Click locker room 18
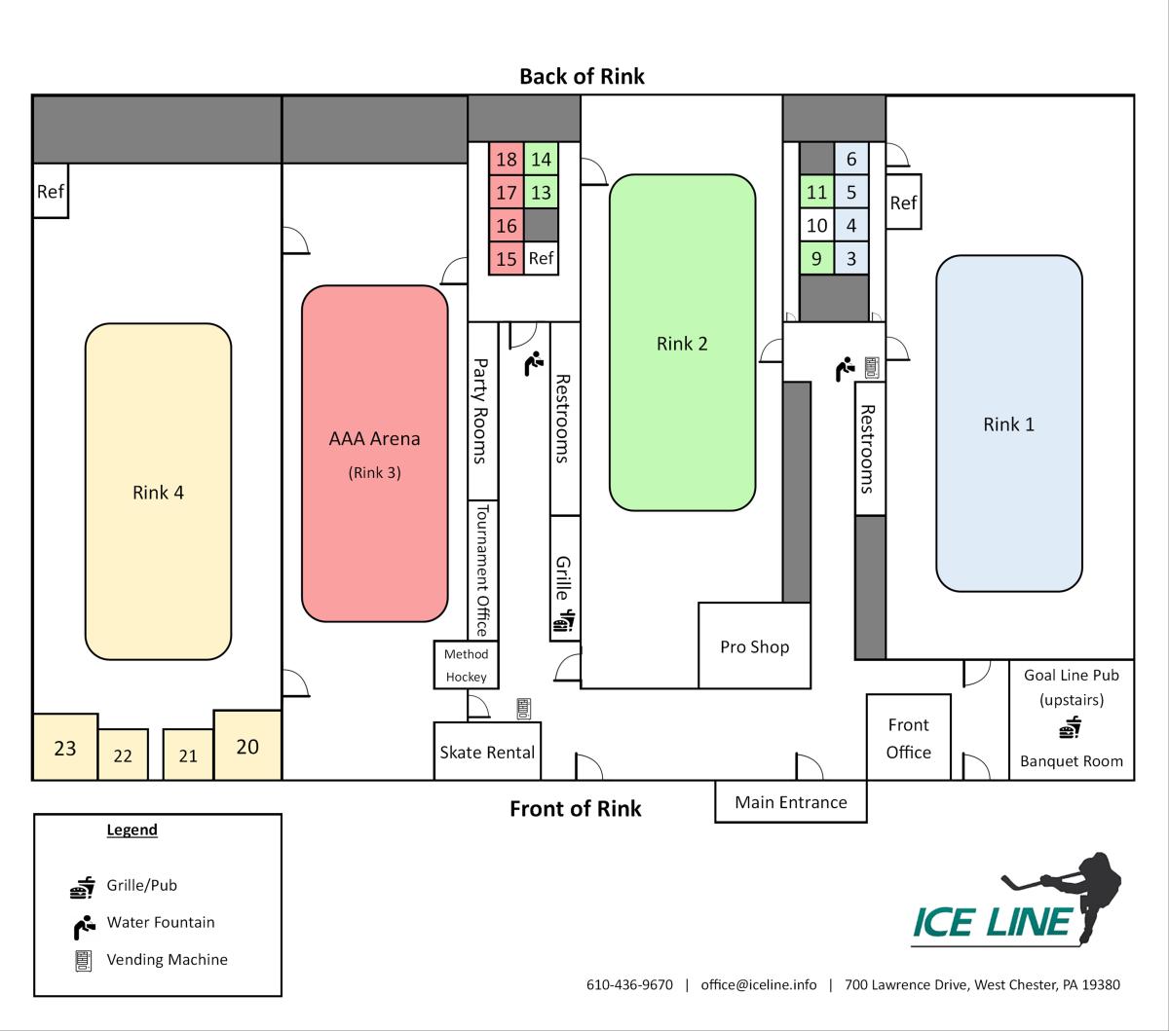(x=507, y=160)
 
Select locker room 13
(x=541, y=193)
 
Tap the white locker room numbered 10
(x=817, y=226)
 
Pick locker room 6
(x=851, y=160)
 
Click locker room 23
(x=65, y=748)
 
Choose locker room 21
(x=188, y=755)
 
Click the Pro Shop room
(x=754, y=646)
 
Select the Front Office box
(x=908, y=738)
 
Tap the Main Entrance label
(x=790, y=802)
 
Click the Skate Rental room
(x=487, y=752)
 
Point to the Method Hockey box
(x=466, y=666)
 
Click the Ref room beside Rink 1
(x=903, y=203)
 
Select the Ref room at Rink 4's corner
(x=51, y=191)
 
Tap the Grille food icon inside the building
(x=565, y=621)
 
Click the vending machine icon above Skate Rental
(x=523, y=708)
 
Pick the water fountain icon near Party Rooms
(x=533, y=364)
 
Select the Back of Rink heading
(x=582, y=76)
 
